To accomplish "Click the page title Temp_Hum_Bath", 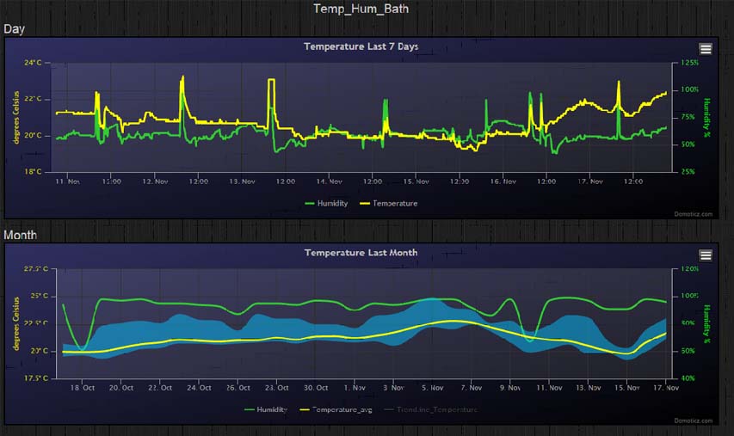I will (x=361, y=9).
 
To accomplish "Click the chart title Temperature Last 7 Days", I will (x=361, y=46).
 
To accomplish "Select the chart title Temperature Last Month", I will (x=361, y=253).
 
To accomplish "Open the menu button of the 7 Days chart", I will (x=706, y=49).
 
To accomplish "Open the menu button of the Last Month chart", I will (x=706, y=255).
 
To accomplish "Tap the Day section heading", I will (x=15, y=29).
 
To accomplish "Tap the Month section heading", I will (x=21, y=235).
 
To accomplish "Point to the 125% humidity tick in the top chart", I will (x=690, y=63).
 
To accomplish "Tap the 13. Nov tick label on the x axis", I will (x=242, y=182).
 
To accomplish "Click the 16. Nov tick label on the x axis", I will (x=503, y=182).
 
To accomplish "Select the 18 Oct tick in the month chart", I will (x=83, y=388).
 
